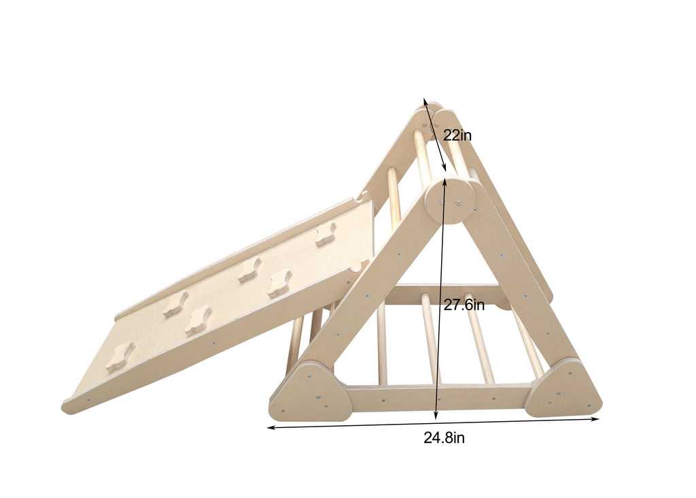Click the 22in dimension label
tap(457, 135)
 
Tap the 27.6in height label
tap(464, 305)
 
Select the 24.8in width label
tap(444, 438)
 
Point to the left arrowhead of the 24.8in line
tap(270, 428)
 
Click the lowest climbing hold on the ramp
tap(119, 356)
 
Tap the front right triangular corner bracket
tap(563, 389)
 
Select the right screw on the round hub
tap(458, 202)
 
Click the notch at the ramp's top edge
tap(359, 200)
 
